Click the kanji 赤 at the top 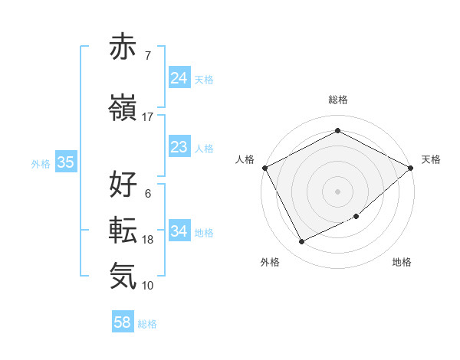(123, 47)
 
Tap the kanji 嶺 (123, 109)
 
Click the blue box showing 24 (179, 78)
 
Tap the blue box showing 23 (179, 147)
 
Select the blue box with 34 (179, 231)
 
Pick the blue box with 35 (65, 162)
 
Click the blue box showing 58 (123, 322)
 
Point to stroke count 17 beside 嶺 (148, 117)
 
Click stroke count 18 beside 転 (148, 240)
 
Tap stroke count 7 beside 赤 (147, 55)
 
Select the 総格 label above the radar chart (337, 100)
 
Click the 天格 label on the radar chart (431, 159)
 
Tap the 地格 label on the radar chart (402, 262)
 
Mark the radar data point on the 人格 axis (264, 168)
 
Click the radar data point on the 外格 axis (301, 242)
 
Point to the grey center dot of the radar (337, 191)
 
